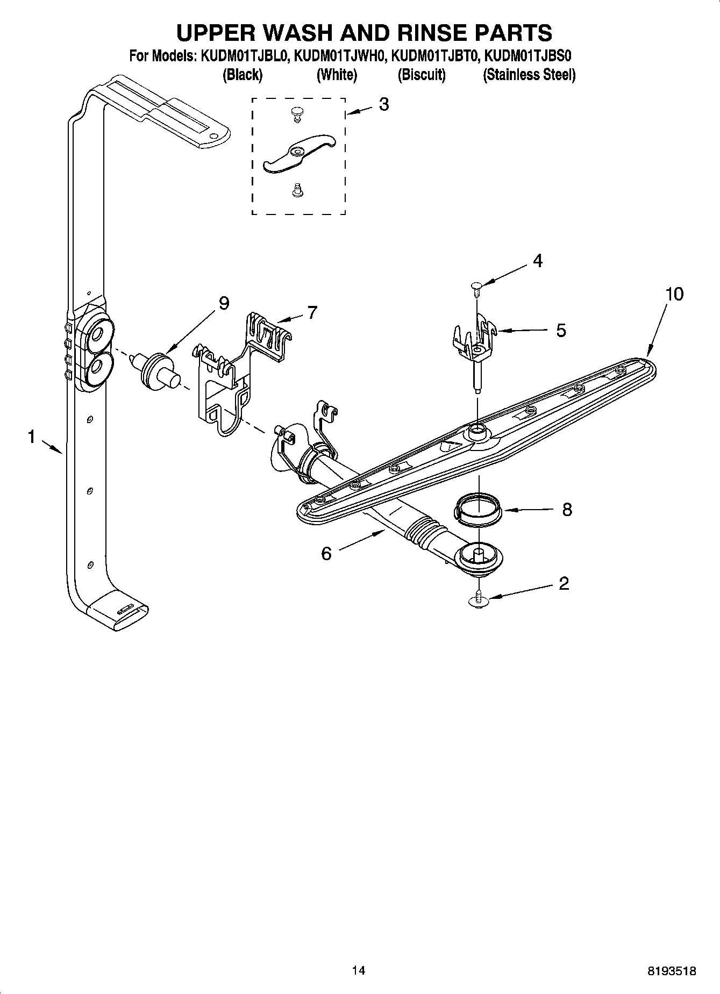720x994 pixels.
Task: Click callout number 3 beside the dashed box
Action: pyautogui.click(x=383, y=104)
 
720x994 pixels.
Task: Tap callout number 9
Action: pyautogui.click(x=224, y=304)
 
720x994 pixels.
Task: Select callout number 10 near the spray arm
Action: pyautogui.click(x=674, y=294)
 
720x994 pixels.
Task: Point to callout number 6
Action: pyautogui.click(x=326, y=553)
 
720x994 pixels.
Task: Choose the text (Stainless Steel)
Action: pyautogui.click(x=529, y=75)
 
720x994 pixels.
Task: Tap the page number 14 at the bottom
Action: pyautogui.click(x=359, y=970)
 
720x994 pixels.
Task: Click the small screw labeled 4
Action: pyautogui.click(x=475, y=287)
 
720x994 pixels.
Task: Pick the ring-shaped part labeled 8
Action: pyautogui.click(x=479, y=509)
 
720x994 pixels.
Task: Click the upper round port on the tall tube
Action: pyautogui.click(x=97, y=334)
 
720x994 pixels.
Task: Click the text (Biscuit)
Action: pyautogui.click(x=422, y=75)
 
